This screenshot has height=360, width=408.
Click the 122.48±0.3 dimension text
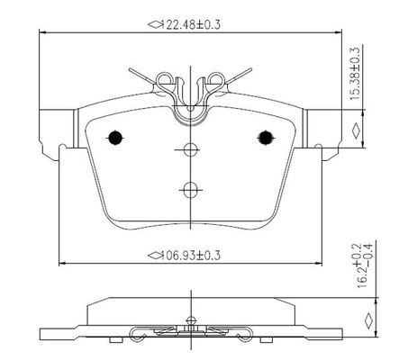(191, 24)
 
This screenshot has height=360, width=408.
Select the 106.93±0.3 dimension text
(191, 256)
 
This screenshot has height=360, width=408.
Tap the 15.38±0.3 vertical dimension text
(356, 74)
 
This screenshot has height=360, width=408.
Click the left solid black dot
(115, 138)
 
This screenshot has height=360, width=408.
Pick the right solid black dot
(266, 138)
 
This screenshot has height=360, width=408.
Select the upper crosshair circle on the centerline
(190, 149)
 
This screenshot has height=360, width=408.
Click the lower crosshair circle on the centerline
(190, 190)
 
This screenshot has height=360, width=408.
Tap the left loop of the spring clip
(164, 78)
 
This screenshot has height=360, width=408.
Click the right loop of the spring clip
(217, 78)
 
